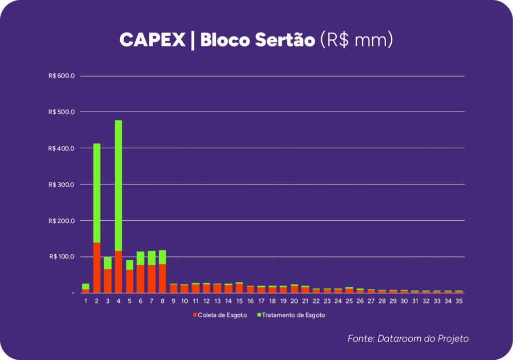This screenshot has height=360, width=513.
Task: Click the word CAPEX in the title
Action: point(152,41)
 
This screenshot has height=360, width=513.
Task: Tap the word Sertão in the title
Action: point(285,41)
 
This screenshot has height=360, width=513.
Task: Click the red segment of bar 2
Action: point(97,267)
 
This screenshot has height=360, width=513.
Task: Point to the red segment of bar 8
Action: point(162,278)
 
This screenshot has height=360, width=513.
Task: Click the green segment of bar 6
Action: point(140,258)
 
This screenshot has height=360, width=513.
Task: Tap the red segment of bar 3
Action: point(108,280)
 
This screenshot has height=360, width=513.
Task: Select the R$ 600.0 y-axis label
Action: point(62,76)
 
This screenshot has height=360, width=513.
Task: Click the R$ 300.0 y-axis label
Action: point(62,184)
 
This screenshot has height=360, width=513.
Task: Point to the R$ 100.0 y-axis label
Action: point(62,257)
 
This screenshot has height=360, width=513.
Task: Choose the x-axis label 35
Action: point(459,301)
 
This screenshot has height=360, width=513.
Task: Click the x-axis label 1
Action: point(86,301)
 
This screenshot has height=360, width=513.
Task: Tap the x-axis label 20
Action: point(295,301)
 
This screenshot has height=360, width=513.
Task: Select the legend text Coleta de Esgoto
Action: point(222,315)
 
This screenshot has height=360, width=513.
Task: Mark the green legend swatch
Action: point(259,315)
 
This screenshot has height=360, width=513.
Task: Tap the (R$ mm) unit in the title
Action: point(356,41)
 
